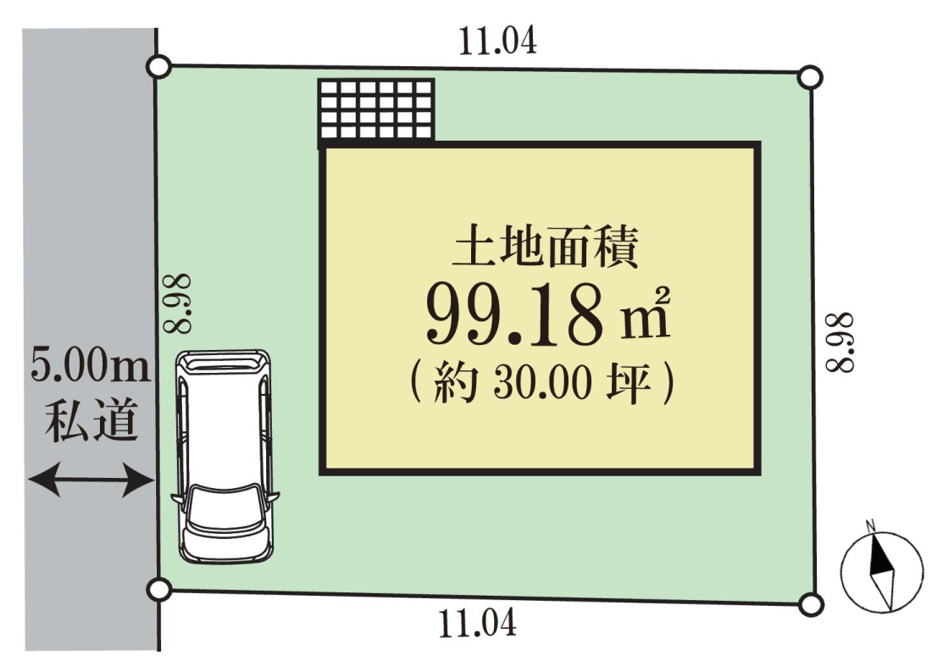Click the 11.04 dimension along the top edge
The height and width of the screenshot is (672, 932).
tap(497, 41)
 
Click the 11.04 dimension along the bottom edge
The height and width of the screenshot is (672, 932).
tap(477, 624)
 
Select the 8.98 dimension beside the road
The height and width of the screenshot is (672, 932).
tap(178, 303)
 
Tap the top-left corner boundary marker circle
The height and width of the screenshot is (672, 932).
tap(158, 67)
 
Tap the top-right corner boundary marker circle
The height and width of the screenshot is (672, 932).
tap(809, 77)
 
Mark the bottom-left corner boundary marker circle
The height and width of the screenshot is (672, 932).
tap(158, 589)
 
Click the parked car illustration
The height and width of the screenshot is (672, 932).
tap(225, 456)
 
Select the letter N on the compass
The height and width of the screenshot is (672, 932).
tap(871, 525)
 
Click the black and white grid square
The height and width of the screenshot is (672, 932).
tap(376, 111)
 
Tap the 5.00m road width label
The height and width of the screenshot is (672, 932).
tap(91, 366)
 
